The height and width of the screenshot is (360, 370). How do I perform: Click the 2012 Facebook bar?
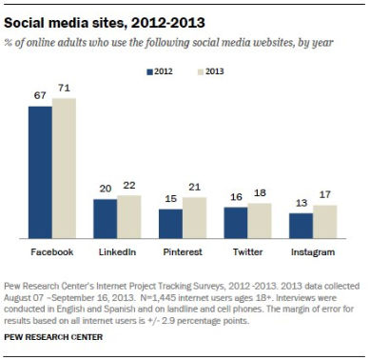pyautogui.click(x=40, y=171)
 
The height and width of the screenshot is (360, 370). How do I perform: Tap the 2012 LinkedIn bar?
pyautogui.click(x=105, y=218)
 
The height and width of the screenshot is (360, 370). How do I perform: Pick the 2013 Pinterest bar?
pyautogui.click(x=193, y=217)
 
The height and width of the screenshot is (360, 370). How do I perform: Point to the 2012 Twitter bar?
pyautogui.click(x=235, y=222)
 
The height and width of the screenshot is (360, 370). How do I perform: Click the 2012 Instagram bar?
pyautogui.click(x=301, y=226)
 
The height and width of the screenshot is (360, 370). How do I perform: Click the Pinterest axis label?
pyautogui.click(x=182, y=251)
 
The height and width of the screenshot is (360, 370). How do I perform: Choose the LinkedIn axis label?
pyautogui.click(x=116, y=251)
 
